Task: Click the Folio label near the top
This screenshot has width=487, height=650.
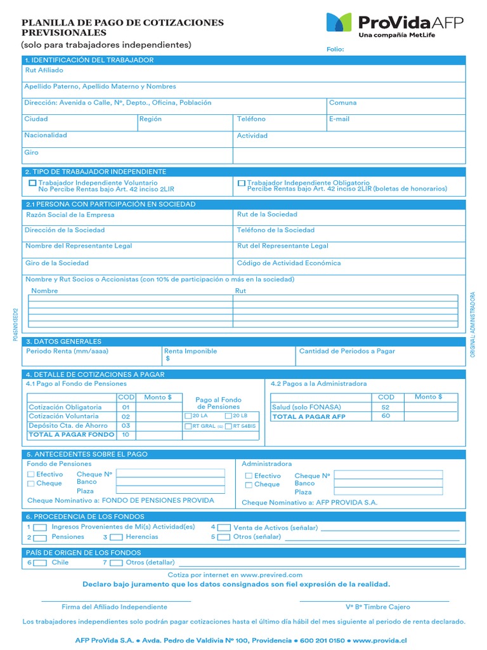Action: [335, 49]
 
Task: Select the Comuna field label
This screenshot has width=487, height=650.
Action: [342, 103]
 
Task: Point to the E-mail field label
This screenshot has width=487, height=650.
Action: [339, 119]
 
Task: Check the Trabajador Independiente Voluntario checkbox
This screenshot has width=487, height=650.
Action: [33, 183]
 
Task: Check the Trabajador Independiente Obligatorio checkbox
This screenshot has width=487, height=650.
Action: [242, 183]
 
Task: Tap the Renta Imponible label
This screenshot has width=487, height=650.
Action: [190, 351]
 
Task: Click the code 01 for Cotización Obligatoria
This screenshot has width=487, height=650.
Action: [126, 407]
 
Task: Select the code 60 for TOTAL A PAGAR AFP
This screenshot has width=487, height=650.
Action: [386, 416]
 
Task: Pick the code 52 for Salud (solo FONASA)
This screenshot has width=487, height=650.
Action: [386, 407]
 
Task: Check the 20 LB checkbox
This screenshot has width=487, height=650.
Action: [228, 416]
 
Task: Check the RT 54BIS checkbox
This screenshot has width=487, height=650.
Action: [228, 427]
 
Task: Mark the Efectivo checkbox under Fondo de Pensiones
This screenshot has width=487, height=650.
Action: [31, 474]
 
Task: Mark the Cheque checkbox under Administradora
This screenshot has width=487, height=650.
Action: [249, 485]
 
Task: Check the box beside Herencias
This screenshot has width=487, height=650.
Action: [117, 537]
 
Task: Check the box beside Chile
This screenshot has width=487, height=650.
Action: [40, 562]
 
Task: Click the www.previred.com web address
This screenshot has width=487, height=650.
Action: [271, 574]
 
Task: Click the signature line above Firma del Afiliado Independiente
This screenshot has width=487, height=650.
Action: [116, 600]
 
